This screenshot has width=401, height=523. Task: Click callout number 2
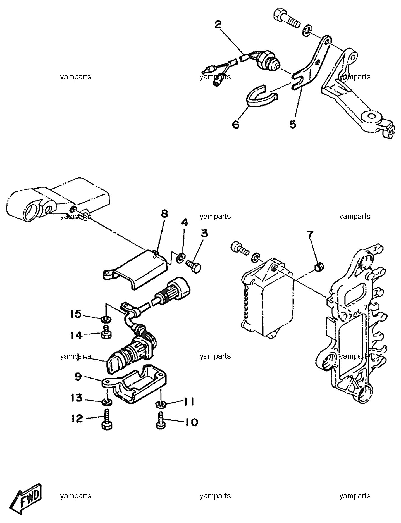[218, 25]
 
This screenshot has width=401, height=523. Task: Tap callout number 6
[236, 124]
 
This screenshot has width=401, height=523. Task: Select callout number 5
[293, 124]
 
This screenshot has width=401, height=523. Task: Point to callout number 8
[164, 214]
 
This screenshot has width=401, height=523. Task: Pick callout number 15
[76, 314]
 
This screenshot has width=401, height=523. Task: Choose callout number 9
[78, 377]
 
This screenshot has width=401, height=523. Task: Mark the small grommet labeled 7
[319, 267]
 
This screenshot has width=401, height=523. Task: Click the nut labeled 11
[160, 403]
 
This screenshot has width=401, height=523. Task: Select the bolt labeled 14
[106, 332]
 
